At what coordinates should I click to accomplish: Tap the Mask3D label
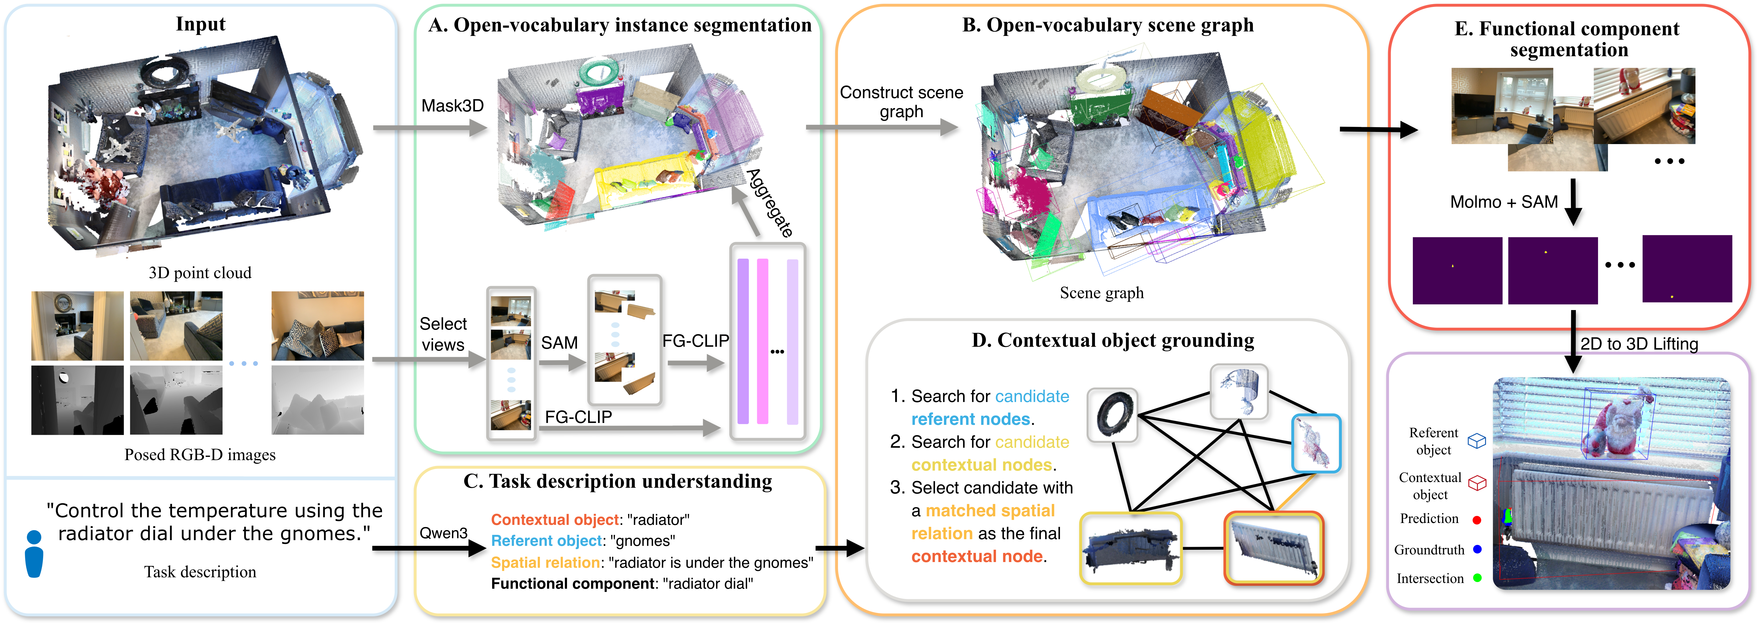pos(452,106)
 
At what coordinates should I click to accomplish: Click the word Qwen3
pos(443,533)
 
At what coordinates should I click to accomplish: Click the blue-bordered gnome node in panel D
pos(1316,443)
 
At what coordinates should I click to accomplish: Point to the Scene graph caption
pos(1102,293)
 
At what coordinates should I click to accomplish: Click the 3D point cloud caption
pos(200,273)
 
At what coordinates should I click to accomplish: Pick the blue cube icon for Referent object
pos(1477,441)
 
